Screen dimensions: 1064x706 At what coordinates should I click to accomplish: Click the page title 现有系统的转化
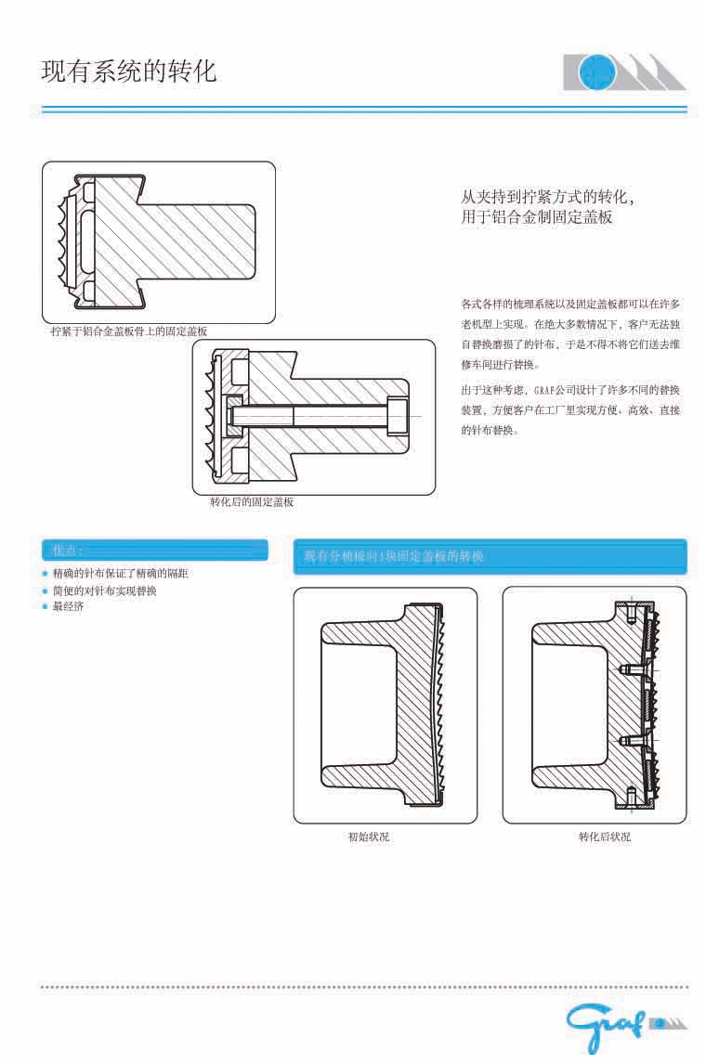129,71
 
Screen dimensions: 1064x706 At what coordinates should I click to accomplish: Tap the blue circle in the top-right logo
595,71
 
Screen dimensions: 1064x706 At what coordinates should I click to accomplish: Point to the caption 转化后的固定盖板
252,502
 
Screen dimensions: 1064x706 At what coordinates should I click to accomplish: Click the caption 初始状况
369,837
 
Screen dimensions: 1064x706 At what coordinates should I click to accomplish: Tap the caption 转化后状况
605,837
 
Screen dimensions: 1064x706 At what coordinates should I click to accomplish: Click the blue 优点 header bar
155,551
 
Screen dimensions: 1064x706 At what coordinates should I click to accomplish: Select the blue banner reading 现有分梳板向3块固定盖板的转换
490,556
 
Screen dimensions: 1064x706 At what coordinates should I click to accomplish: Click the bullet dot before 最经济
45,607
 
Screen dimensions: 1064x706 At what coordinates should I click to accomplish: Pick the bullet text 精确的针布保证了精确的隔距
121,574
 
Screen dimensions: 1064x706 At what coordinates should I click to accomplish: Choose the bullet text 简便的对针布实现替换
105,590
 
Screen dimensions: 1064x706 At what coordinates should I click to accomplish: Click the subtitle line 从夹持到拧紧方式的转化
548,198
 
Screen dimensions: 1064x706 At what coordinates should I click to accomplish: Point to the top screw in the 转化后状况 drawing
631,613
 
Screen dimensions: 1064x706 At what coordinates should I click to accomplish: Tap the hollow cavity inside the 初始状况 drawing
357,705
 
